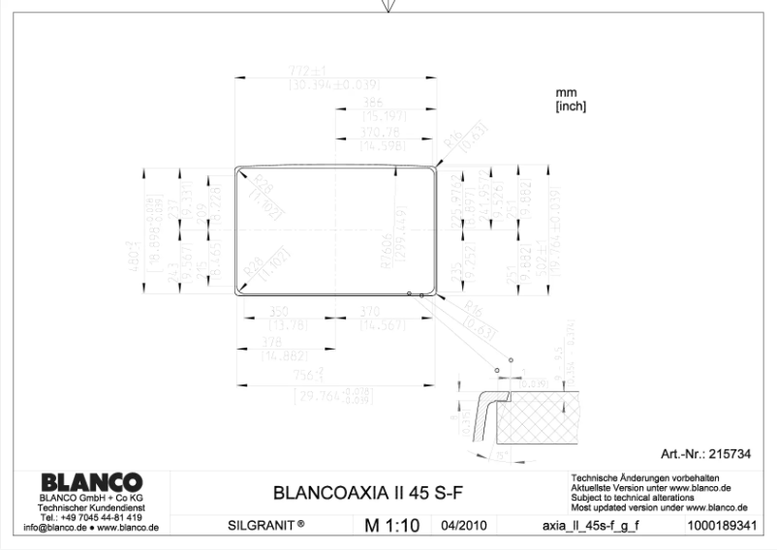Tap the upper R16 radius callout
point(452,144)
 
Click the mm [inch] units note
point(570,99)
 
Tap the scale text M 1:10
point(391,527)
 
